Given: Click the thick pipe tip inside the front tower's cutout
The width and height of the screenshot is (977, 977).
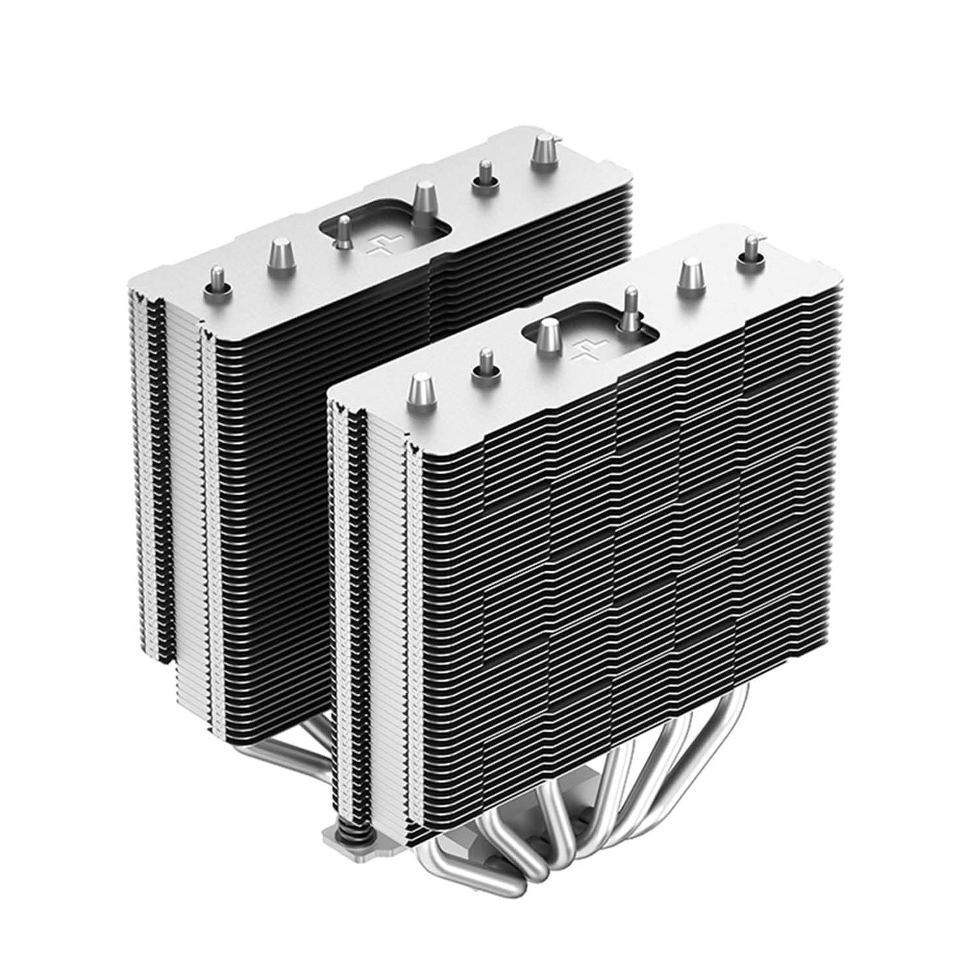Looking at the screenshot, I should coord(546,337).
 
